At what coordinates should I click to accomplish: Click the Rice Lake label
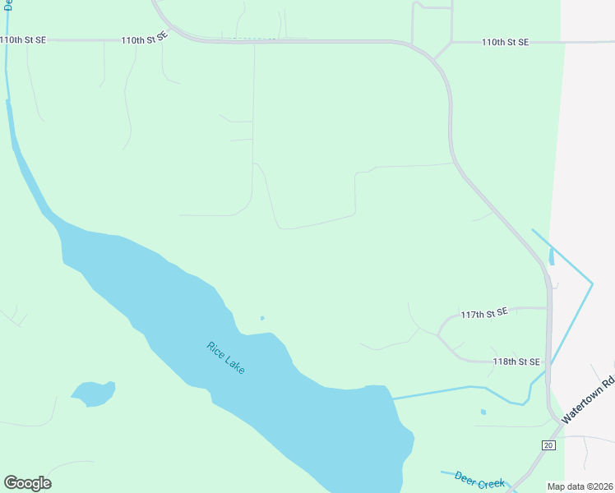(225, 358)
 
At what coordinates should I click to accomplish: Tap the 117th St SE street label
(484, 313)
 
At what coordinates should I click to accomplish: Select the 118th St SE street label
(516, 362)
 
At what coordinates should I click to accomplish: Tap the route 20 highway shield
(548, 445)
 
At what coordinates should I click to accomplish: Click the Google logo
(27, 483)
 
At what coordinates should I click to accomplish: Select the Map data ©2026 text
(580, 486)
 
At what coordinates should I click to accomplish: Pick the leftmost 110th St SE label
(23, 39)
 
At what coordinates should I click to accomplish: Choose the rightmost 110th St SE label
(505, 42)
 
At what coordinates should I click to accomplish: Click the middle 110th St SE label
(144, 39)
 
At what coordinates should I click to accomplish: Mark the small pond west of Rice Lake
(93, 393)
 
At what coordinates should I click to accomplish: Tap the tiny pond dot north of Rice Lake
(262, 319)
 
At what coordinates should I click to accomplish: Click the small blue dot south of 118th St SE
(483, 412)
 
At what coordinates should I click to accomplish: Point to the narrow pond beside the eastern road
(550, 257)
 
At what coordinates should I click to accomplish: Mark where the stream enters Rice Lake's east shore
(392, 399)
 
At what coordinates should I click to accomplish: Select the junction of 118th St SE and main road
(548, 362)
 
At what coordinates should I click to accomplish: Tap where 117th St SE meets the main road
(548, 308)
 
